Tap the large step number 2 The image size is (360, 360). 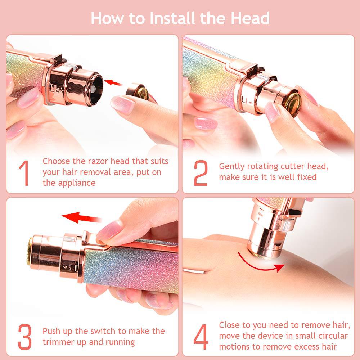click(x=201, y=173)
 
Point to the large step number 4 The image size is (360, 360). click(x=201, y=336)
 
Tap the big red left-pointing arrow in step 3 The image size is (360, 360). click(x=81, y=217)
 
